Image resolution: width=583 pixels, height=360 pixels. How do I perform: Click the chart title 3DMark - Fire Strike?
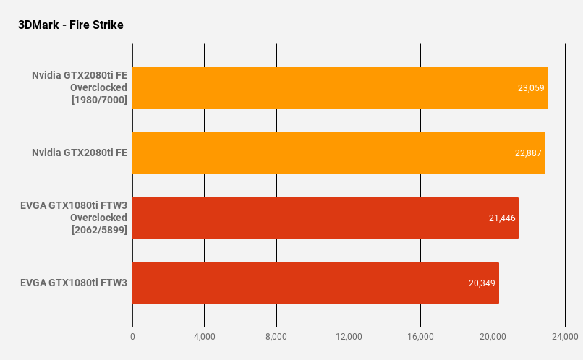point(71,25)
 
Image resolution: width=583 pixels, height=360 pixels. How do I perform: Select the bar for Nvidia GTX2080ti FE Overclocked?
point(340,87)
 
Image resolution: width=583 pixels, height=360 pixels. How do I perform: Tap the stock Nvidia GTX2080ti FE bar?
point(338,153)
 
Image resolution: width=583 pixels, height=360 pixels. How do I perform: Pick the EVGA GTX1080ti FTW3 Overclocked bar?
point(325,218)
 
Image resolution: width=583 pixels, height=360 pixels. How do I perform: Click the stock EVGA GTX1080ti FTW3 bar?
point(315,283)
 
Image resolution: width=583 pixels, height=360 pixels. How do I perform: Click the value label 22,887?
point(527,153)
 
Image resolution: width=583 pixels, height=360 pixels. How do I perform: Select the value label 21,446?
point(502,218)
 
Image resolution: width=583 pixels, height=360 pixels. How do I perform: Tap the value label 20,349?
point(482,283)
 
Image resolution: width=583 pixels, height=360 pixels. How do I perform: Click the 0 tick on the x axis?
point(132,337)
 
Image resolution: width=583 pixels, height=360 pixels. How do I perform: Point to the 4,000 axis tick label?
point(204,337)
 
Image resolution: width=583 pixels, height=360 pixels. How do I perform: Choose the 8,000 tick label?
point(276,337)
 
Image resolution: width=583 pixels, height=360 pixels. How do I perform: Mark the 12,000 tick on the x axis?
point(349,337)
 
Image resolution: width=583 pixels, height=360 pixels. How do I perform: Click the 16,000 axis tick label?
point(420,337)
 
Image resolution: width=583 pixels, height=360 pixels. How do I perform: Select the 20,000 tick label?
point(493,337)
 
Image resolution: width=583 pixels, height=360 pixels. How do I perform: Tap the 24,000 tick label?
point(564,337)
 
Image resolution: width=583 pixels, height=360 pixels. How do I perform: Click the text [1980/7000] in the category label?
point(99,100)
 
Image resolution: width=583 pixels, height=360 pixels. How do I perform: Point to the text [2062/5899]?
point(99,230)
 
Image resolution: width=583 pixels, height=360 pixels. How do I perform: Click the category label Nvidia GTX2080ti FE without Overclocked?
point(80,153)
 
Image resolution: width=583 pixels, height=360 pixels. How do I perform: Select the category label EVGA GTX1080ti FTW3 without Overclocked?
point(74,283)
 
